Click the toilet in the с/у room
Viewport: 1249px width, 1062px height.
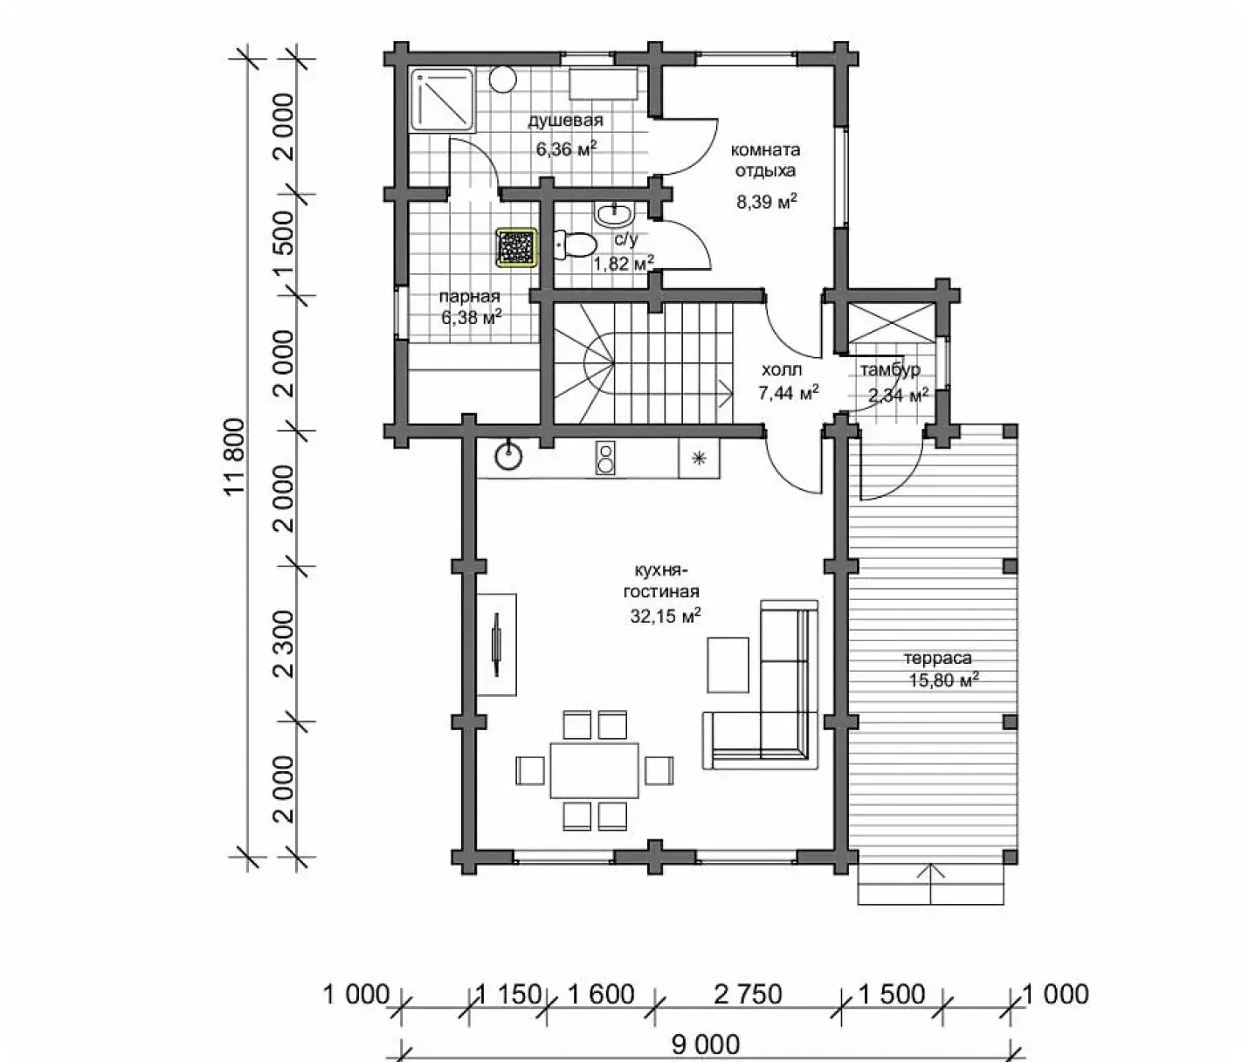click(575, 245)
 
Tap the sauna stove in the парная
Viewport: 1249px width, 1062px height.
click(516, 247)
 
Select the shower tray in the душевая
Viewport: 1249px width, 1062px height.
click(442, 100)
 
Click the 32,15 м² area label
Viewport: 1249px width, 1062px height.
click(666, 616)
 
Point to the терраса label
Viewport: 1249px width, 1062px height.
click(938, 658)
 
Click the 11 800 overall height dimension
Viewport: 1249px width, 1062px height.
click(237, 457)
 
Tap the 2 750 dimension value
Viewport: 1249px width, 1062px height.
click(748, 995)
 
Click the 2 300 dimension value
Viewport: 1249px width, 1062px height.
click(284, 644)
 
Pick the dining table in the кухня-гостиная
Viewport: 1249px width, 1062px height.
click(595, 770)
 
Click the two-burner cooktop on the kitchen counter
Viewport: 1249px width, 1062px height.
click(605, 457)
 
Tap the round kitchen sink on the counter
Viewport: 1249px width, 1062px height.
click(509, 456)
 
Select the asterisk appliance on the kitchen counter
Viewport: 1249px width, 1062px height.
click(699, 459)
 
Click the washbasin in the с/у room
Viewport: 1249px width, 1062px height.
click(615, 213)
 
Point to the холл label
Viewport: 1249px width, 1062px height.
click(782, 369)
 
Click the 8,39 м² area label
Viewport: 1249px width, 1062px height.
click(766, 201)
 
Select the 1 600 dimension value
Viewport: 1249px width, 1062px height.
click(602, 995)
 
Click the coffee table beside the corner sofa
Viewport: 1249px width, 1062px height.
click(728, 664)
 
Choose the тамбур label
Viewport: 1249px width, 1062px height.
click(891, 369)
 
